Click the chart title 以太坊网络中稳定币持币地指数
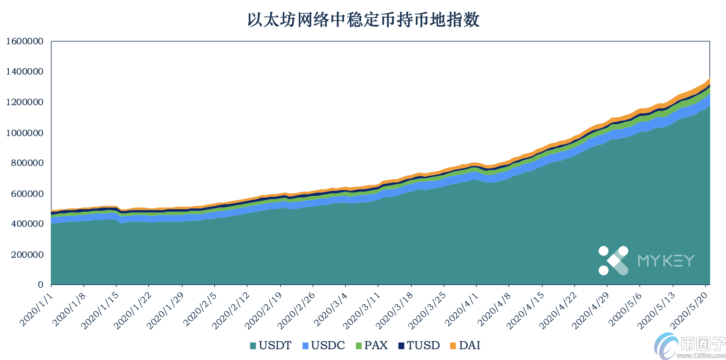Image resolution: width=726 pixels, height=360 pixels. pyautogui.click(x=363, y=19)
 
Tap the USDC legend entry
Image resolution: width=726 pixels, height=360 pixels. pyautogui.click(x=324, y=346)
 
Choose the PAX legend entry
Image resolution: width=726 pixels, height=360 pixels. pyautogui.click(x=372, y=346)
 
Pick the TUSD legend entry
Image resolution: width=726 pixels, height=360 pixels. pyautogui.click(x=419, y=346)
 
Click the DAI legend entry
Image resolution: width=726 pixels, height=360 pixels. pyautogui.click(x=465, y=346)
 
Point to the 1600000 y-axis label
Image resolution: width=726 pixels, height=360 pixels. pyautogui.click(x=24, y=41)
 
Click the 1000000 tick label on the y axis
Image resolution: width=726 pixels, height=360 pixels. pyautogui.click(x=24, y=133)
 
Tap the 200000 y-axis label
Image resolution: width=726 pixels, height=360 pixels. pyautogui.click(x=27, y=255)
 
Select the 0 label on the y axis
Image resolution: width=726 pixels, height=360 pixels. pyautogui.click(x=40, y=285)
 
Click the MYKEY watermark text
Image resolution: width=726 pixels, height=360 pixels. pyautogui.click(x=666, y=261)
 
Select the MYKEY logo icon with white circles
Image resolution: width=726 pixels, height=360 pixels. pyautogui.click(x=613, y=261)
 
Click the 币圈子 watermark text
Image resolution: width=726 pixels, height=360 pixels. pyautogui.click(x=702, y=344)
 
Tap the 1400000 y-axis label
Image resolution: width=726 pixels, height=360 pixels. pyautogui.click(x=24, y=72)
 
